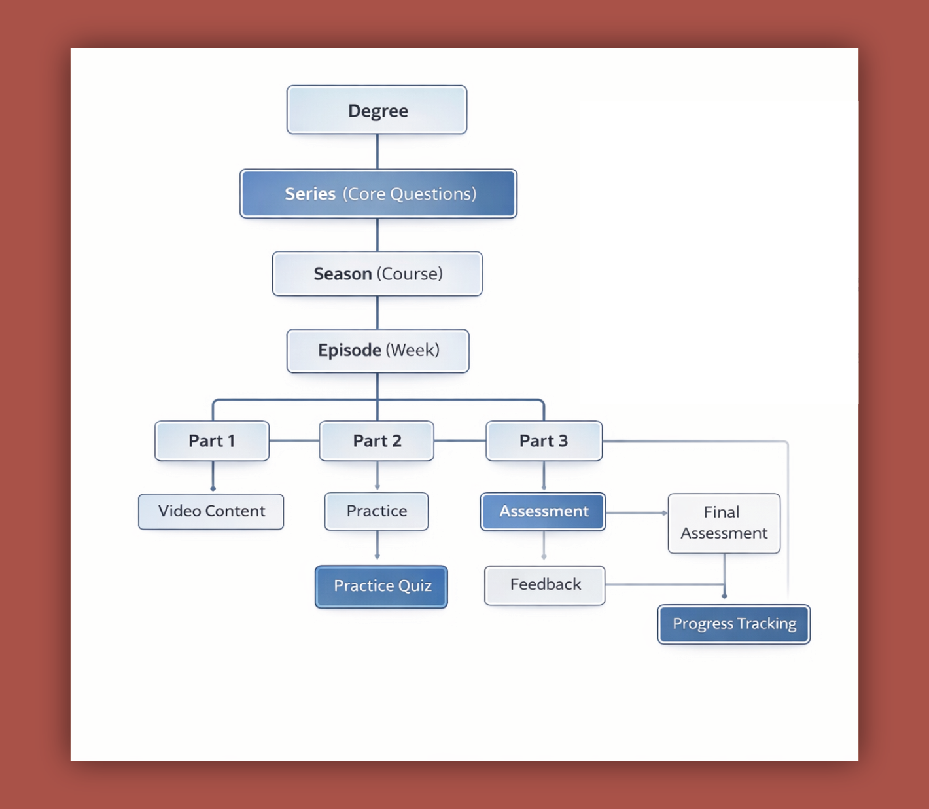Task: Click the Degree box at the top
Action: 377,110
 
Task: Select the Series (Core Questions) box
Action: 378,194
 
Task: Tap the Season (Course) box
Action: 377,274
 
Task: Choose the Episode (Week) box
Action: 377,350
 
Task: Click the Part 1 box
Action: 212,440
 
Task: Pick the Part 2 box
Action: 377,440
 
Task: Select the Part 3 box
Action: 544,440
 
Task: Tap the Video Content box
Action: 211,511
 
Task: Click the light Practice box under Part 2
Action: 377,511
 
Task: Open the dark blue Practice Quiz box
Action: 381,586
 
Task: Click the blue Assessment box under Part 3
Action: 543,511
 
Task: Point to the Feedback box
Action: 544,584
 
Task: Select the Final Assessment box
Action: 724,523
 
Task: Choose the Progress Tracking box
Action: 733,624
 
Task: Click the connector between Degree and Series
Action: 377,152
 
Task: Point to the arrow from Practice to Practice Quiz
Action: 377,545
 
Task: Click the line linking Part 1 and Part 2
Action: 294,440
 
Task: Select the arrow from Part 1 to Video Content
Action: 213,476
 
